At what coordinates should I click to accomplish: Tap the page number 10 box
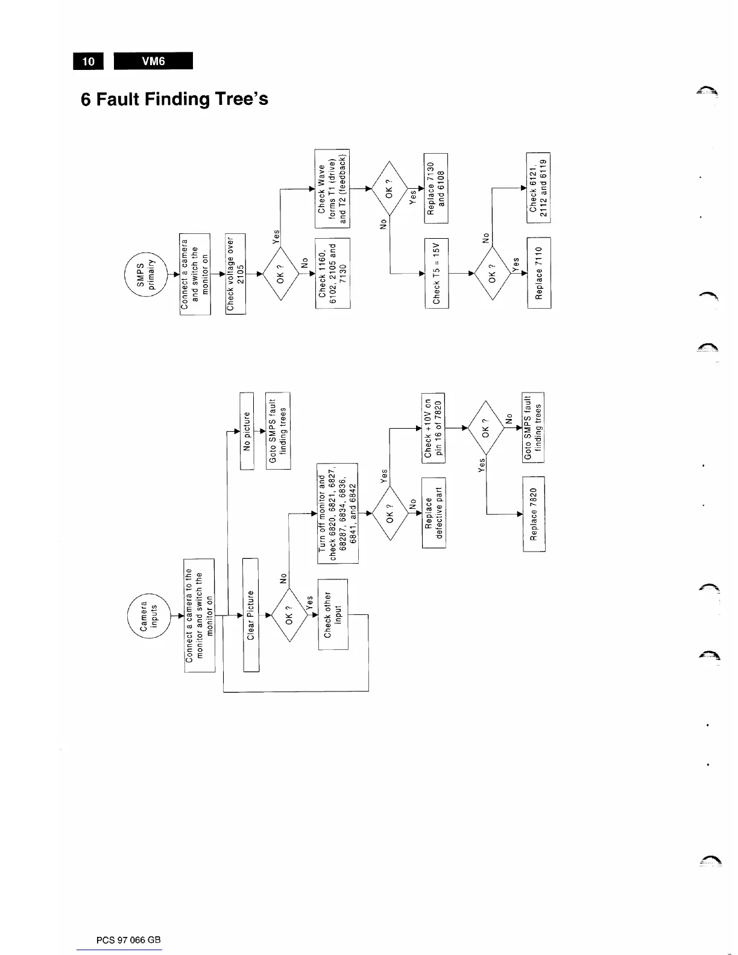click(89, 61)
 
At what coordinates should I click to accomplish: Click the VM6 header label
click(153, 61)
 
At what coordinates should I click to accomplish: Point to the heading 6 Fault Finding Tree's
click(175, 98)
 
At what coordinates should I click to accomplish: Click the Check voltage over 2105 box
click(235, 273)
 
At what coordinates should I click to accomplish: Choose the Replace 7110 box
click(539, 273)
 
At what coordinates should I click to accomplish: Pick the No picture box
click(247, 430)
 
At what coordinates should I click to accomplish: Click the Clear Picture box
click(251, 615)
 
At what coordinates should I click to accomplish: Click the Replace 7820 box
click(534, 514)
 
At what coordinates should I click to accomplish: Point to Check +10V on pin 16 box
click(434, 429)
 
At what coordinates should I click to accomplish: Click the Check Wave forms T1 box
click(332, 188)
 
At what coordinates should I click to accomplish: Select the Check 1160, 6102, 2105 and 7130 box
click(332, 273)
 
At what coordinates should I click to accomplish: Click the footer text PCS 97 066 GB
click(129, 940)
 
